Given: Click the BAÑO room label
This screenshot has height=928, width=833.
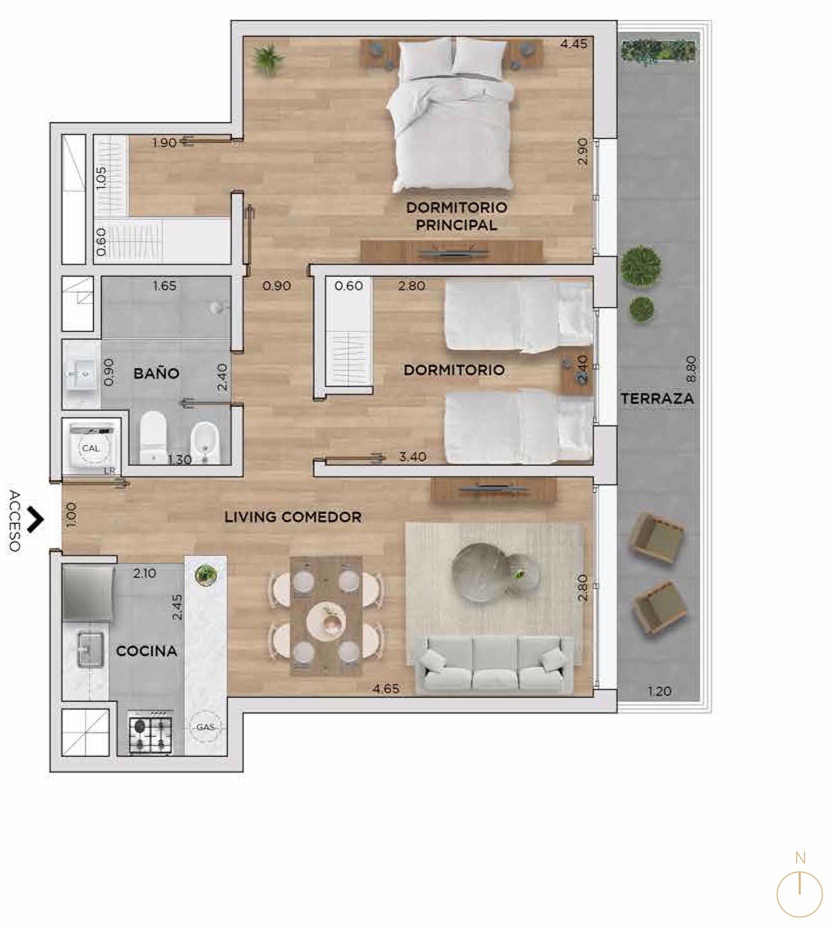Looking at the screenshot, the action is coord(156,373).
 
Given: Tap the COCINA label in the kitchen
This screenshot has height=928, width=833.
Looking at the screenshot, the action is coord(146,651).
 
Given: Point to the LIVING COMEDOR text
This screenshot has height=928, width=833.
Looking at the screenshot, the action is coord(293,516).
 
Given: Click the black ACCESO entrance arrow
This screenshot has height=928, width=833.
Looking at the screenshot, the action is coord(35,520).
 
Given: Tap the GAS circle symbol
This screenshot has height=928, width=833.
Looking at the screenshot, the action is coord(205,727).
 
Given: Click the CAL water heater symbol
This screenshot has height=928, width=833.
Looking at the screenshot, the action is coord(90,448).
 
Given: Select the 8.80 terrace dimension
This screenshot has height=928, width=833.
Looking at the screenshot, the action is coord(691,369).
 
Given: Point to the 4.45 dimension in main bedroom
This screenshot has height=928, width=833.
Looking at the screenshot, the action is coord(573,43).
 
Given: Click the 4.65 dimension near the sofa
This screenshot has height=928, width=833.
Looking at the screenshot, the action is coord(386,689).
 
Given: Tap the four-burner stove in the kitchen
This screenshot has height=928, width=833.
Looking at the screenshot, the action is coord(150,734).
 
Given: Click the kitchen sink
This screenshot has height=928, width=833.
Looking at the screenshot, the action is coord(90,649).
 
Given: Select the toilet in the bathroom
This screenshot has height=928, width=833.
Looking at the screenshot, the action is coord(152,436).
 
